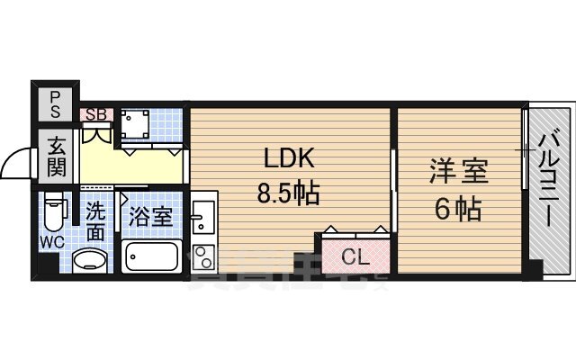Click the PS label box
[56, 101]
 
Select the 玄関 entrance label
[56, 154]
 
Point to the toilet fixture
[54, 213]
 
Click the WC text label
[52, 242]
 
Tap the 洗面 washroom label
[95, 221]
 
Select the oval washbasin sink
[91, 259]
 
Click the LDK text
[288, 159]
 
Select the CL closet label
[355, 256]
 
